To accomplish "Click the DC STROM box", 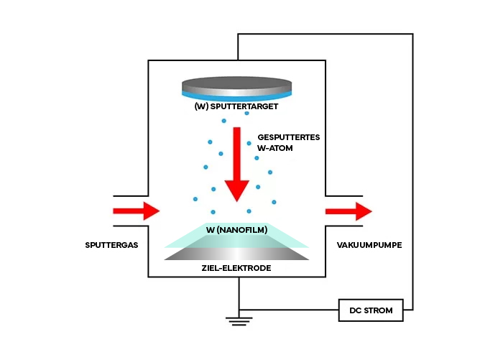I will (x=371, y=310).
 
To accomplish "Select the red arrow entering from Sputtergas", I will (x=137, y=211).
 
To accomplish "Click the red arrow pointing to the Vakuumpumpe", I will (x=349, y=211).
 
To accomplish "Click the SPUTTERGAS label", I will (x=110, y=245).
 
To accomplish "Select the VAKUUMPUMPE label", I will (x=369, y=245).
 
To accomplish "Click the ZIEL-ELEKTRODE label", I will (x=236, y=267).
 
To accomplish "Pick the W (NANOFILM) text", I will (x=236, y=230).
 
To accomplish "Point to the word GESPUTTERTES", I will (x=290, y=137).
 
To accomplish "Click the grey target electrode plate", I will (x=236, y=254).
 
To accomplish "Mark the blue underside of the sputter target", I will (x=236, y=96).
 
